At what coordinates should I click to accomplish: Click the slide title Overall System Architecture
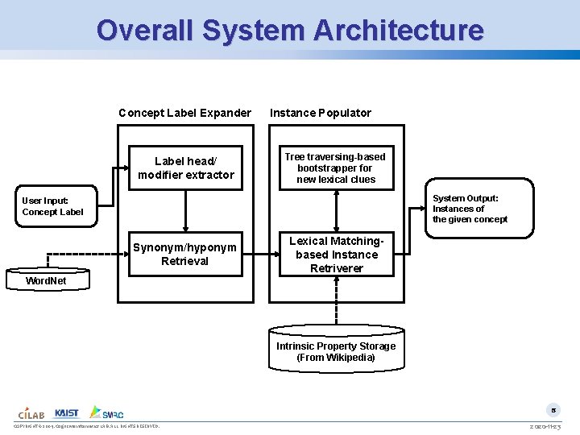290,30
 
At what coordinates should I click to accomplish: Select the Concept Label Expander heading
184,113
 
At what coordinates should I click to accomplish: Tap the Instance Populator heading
320,113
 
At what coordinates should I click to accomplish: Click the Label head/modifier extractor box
186,168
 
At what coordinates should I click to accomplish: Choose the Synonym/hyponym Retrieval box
185,255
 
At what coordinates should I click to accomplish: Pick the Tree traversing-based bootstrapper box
336,168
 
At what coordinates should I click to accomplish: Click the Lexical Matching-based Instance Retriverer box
336,255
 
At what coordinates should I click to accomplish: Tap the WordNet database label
47,280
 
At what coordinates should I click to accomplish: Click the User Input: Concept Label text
52,206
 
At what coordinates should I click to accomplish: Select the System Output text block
470,209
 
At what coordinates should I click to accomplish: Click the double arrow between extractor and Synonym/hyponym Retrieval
186,212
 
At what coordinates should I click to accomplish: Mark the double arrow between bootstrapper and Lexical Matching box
336,212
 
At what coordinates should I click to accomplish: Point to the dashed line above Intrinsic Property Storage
336,302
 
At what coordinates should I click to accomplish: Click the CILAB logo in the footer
31,412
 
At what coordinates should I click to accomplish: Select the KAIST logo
67,412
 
